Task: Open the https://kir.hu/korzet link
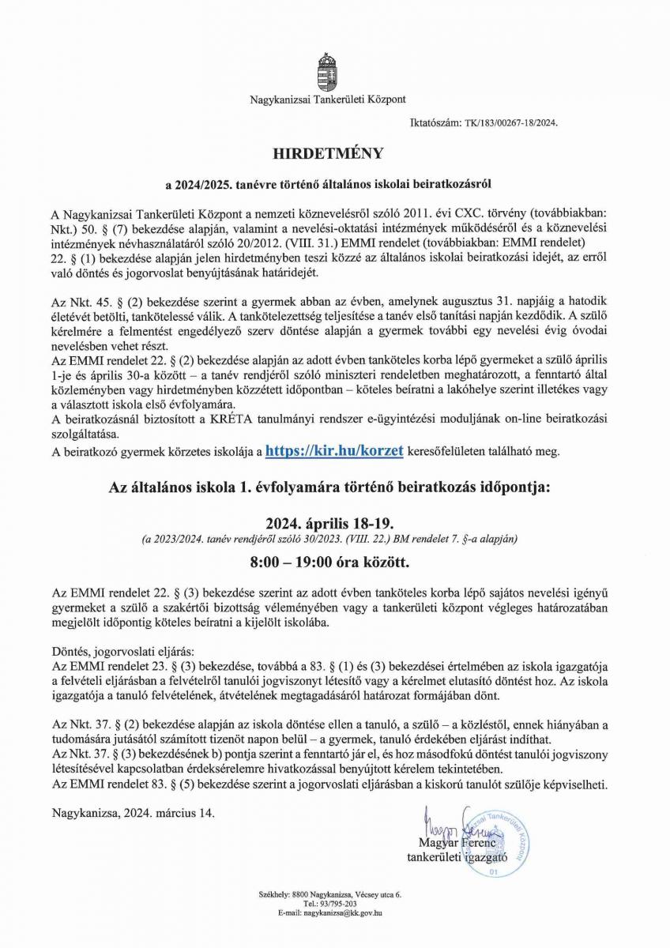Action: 335,450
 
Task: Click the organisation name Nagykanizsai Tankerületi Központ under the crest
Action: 328,100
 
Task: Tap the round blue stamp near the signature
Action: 495,842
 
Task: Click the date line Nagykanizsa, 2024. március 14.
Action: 132,811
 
